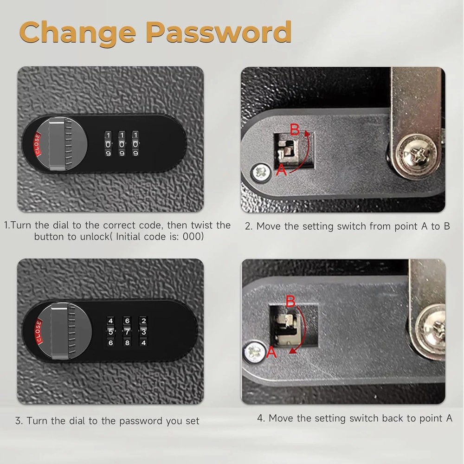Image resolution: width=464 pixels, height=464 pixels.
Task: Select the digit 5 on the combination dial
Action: [x=110, y=332]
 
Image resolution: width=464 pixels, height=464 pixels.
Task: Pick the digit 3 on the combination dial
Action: [x=143, y=332]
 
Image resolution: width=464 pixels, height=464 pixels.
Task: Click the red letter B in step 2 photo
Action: [x=295, y=129]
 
